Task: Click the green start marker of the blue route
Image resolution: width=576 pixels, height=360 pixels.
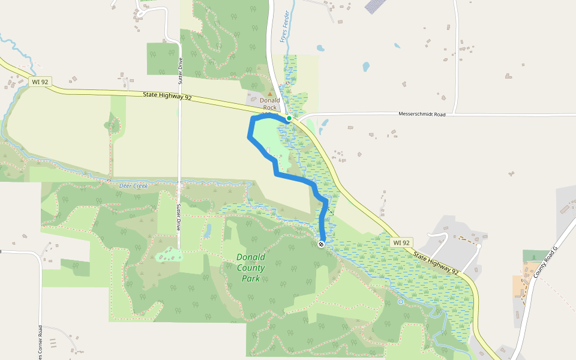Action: (x=289, y=118)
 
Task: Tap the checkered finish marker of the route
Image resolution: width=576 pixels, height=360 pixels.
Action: (x=322, y=244)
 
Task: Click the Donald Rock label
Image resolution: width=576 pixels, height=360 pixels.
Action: (x=269, y=104)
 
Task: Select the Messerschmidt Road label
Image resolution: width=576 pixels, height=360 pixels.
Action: (x=422, y=114)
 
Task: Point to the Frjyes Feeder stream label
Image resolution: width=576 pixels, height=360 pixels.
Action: (x=285, y=28)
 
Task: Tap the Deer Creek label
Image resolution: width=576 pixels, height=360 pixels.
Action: (x=133, y=186)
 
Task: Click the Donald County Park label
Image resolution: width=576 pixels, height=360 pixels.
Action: (x=251, y=268)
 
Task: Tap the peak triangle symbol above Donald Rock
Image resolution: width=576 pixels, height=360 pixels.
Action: (x=269, y=94)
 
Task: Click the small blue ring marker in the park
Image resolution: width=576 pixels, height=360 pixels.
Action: (x=400, y=302)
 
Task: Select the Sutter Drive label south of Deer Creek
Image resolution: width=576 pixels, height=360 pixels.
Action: (x=179, y=218)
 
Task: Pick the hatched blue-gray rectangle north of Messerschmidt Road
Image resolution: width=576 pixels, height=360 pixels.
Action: (x=376, y=5)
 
